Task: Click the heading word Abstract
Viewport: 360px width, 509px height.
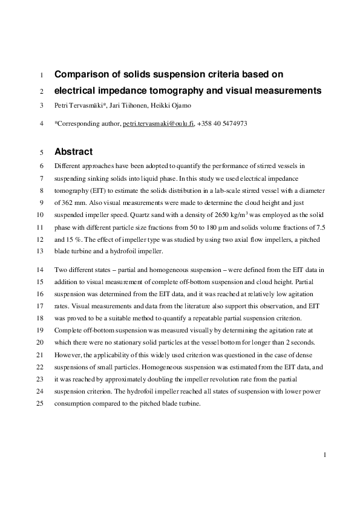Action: point(74,152)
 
